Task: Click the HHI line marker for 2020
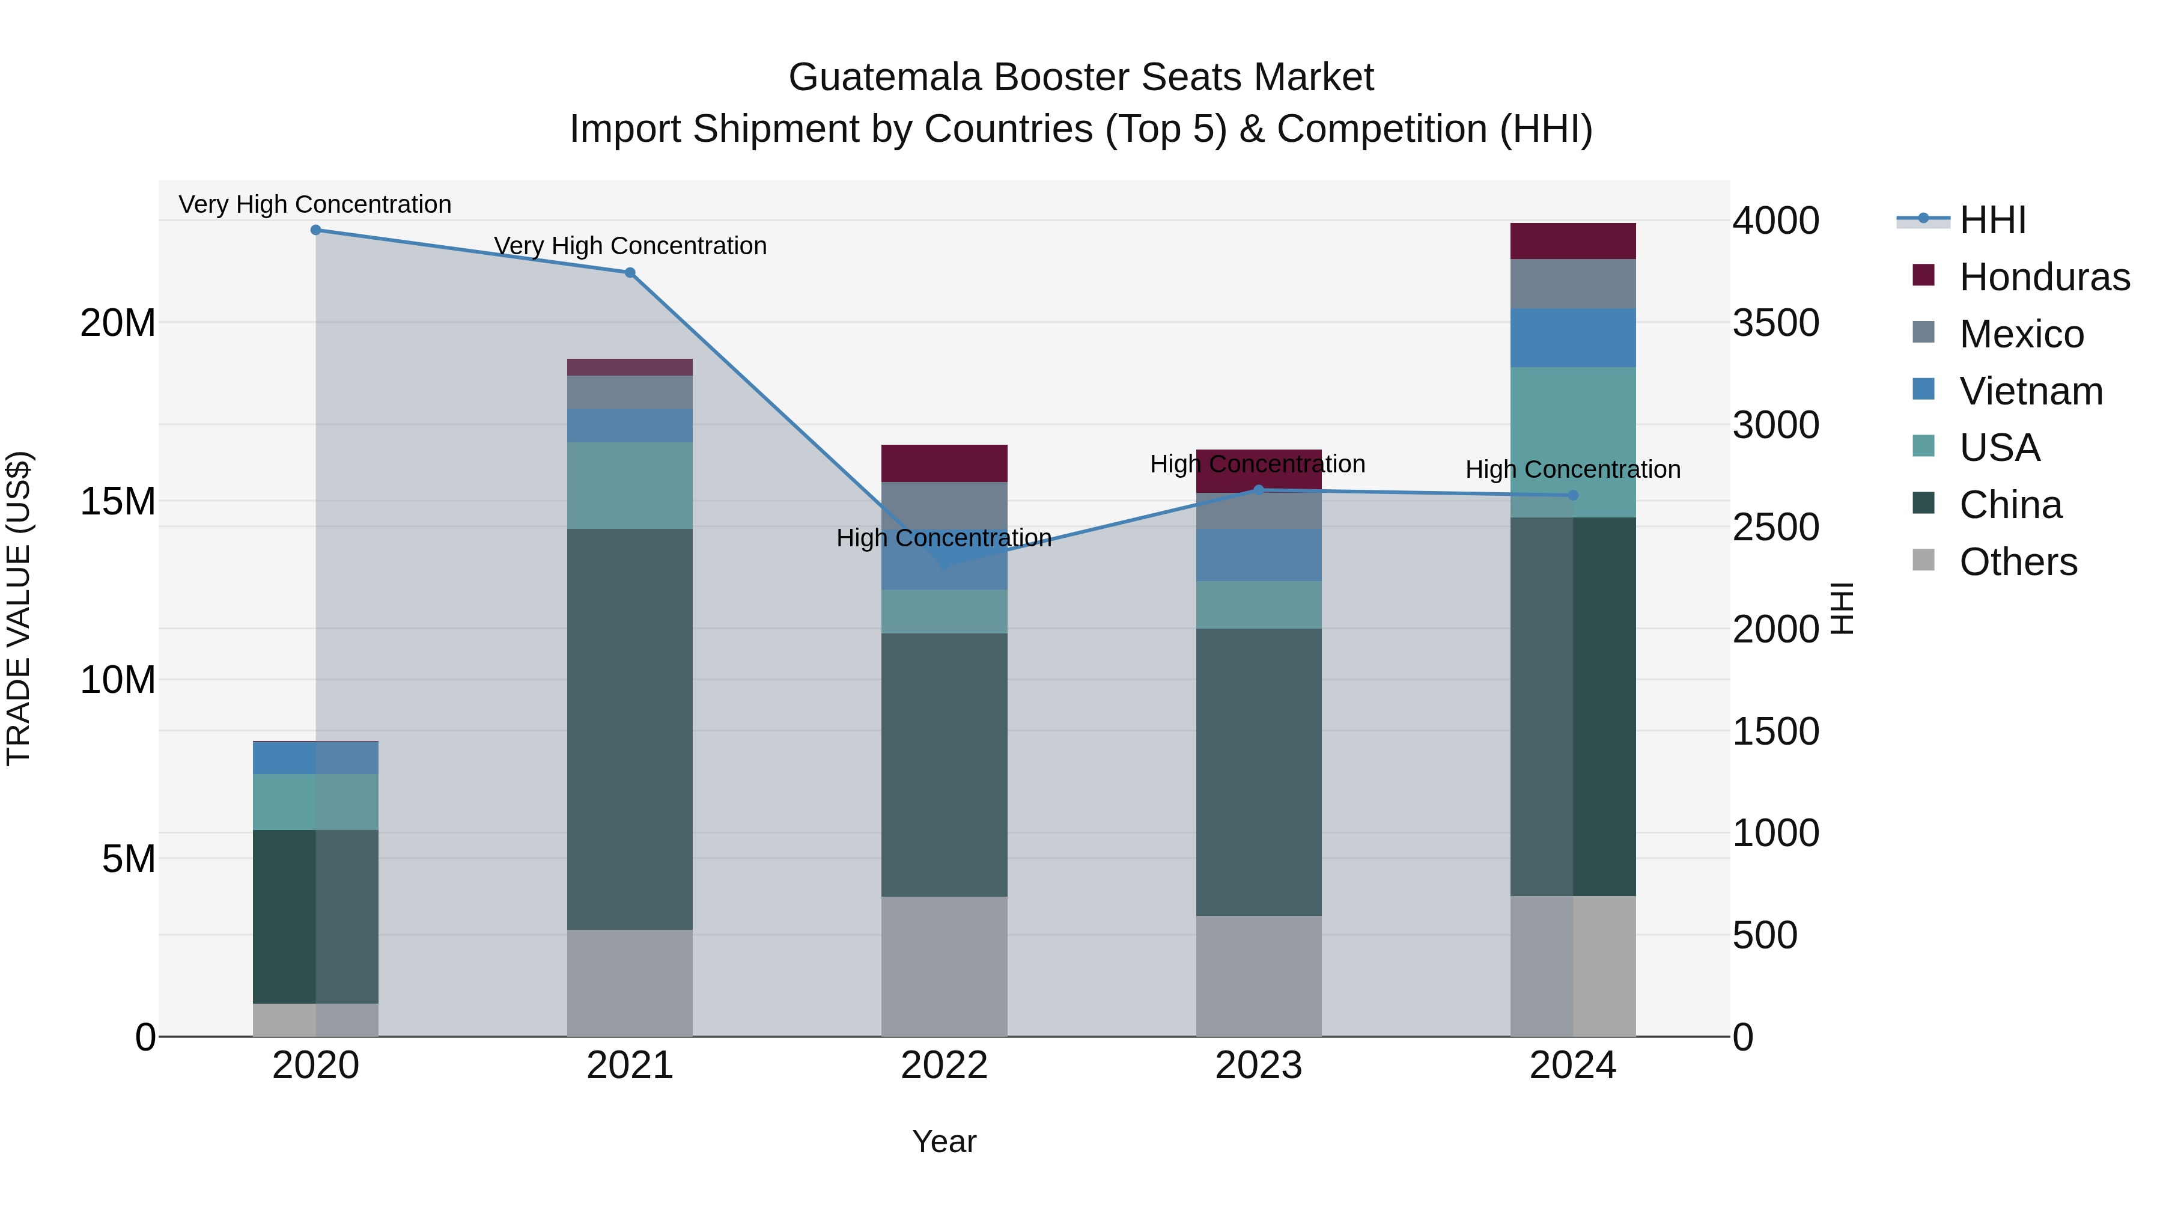coord(315,230)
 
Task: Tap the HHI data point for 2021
coord(630,273)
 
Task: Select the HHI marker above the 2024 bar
coord(1573,496)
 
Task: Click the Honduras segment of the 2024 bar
coord(1573,242)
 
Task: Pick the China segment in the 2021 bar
coord(630,729)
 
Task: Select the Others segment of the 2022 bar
coord(944,966)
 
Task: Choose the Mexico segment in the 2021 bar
coord(630,392)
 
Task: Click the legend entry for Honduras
coord(2044,277)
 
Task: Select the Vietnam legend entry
coord(2030,391)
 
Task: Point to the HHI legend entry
coord(1992,220)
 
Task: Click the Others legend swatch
coord(1923,560)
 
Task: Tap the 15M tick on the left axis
coord(118,501)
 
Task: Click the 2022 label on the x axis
coord(944,1066)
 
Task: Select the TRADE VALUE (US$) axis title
coord(19,608)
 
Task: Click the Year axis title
coord(944,1141)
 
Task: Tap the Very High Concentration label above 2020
coord(315,204)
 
